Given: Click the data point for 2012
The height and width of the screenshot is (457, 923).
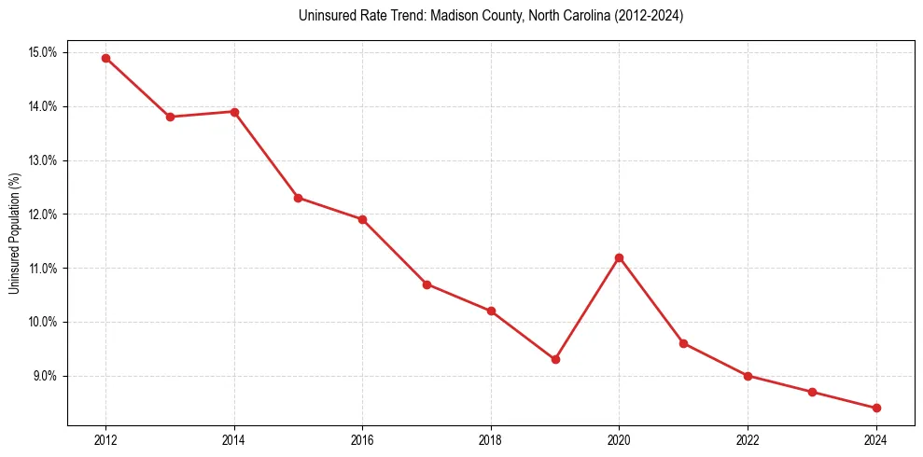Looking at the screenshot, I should tap(105, 58).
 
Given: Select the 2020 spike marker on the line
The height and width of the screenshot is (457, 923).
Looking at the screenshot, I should tap(619, 257).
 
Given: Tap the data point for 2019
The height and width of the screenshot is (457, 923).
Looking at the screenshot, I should tap(555, 359).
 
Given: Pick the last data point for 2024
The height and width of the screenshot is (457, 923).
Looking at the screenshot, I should tap(876, 408).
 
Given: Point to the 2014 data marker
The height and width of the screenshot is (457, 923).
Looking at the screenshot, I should tap(234, 112).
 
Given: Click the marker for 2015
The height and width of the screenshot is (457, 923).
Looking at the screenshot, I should tap(298, 198).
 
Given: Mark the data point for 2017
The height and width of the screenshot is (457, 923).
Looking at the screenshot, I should tap(427, 284).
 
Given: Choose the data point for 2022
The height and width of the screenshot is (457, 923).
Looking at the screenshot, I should tap(748, 376).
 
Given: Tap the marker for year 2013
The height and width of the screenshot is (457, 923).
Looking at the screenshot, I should tap(170, 117).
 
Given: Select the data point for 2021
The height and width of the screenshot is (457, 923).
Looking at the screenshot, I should tap(683, 343).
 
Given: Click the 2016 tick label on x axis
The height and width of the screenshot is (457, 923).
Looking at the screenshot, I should tap(362, 440).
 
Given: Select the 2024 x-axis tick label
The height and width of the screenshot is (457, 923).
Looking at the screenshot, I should tap(876, 440).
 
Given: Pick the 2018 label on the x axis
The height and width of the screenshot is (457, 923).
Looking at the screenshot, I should tap(491, 440).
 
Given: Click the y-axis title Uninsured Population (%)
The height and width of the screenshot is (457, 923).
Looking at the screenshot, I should tap(14, 233).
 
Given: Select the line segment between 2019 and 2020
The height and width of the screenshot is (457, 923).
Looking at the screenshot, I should tap(587, 309).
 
